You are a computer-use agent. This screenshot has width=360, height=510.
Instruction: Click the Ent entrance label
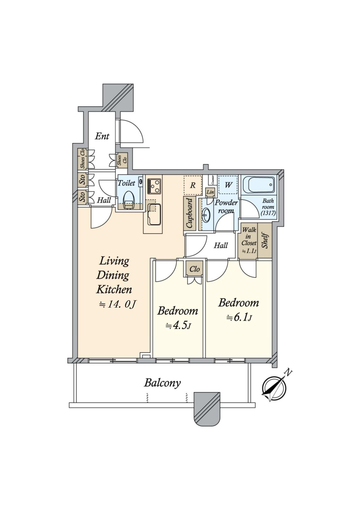coord(102,136)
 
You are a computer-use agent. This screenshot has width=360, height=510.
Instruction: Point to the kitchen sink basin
coord(153,214)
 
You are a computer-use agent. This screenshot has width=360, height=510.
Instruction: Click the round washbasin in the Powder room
coord(206,215)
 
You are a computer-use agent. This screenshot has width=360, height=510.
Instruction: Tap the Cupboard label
coord(189,213)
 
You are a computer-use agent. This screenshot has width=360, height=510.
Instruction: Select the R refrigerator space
coord(193,185)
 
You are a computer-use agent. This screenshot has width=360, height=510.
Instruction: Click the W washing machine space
coord(228,185)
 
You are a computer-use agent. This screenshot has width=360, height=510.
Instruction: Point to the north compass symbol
coord(274,389)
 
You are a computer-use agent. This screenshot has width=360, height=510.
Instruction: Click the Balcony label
coord(162,383)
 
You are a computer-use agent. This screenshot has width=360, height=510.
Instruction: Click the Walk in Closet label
coord(249,236)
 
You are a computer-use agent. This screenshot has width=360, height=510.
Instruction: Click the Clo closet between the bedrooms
coord(194,269)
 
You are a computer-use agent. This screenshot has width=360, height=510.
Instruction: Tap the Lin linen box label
coord(210,192)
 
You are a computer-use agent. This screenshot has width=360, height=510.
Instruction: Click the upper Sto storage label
coord(83,180)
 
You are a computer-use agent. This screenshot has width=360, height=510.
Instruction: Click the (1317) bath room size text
coord(268,213)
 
